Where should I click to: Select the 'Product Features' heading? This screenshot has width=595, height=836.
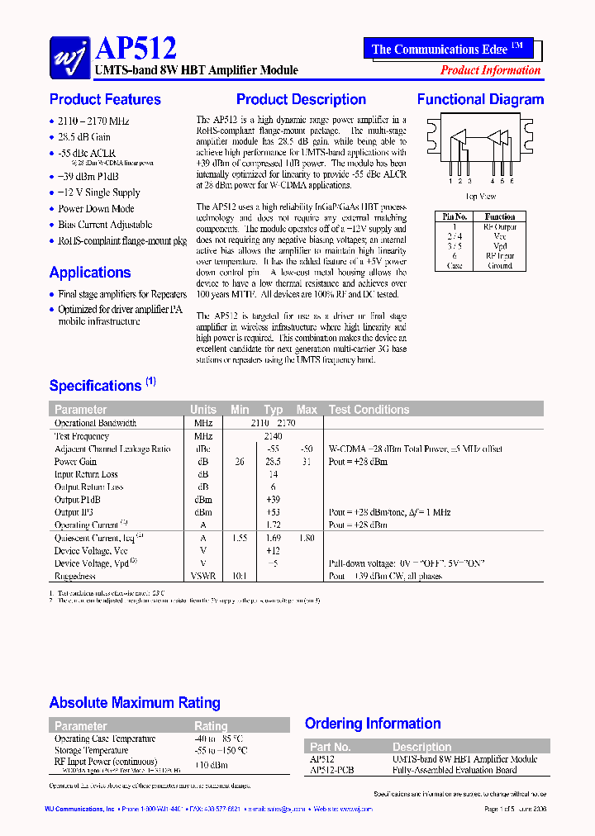[x=105, y=100]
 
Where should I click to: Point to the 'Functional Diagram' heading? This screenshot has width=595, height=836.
[x=480, y=100]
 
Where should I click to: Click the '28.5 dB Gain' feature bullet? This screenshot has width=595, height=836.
[x=84, y=137]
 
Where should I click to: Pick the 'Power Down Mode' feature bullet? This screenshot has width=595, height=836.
[x=96, y=209]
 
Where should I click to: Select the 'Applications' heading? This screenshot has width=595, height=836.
[x=89, y=273]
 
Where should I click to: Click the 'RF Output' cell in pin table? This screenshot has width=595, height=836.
[x=499, y=226]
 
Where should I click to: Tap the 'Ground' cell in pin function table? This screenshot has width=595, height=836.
[x=499, y=266]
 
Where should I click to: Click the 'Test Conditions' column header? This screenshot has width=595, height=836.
[x=369, y=410]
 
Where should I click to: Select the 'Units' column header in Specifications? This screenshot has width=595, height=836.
[x=202, y=410]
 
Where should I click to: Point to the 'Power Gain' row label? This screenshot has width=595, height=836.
[x=75, y=462]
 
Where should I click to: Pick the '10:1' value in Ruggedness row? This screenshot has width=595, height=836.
[x=239, y=577]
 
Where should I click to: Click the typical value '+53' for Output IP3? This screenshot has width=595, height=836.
[x=273, y=513]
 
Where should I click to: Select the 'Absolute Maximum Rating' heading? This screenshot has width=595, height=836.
[x=135, y=703]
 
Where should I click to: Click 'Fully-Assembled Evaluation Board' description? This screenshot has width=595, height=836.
[x=454, y=770]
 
